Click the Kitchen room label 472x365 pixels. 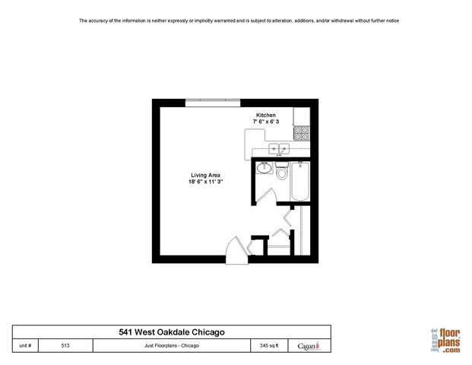tap(265, 115)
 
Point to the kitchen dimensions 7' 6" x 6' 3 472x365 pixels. tap(266, 122)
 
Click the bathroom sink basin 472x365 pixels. tap(266, 168)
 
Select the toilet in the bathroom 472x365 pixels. tap(282, 173)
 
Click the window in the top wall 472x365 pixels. tap(214, 100)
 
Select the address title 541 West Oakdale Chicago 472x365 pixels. tap(172, 332)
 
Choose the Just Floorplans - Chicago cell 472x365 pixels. tap(172, 345)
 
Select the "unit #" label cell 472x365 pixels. tap(26, 345)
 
